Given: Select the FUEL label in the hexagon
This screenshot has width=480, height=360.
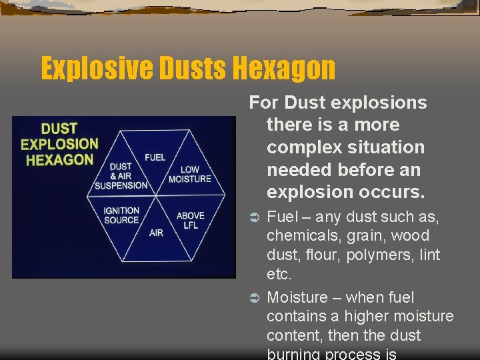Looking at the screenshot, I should [155, 157].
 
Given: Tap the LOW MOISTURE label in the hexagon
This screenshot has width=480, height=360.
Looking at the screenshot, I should [189, 175].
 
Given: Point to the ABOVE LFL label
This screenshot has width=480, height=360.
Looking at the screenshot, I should [190, 221].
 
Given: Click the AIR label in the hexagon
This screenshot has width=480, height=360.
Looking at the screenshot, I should [156, 233].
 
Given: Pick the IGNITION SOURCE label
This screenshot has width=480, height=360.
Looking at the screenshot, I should [121, 215].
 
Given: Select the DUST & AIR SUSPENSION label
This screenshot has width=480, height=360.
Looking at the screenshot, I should [121, 176].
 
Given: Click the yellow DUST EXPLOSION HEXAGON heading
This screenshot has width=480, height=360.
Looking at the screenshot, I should [59, 144].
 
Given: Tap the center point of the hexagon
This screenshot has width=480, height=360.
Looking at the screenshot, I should [156, 196].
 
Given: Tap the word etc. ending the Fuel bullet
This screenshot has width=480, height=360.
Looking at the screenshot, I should [279, 274].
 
